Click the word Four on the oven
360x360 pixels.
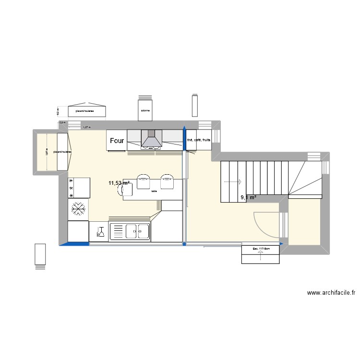(x=117, y=141)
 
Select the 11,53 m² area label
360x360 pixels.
(x=119, y=183)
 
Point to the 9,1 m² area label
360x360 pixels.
(x=248, y=197)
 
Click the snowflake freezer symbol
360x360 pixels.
(x=78, y=209)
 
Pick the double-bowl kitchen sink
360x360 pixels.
(x=130, y=232)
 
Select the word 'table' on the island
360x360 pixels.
(x=154, y=191)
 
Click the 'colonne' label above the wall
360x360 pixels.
(x=145, y=111)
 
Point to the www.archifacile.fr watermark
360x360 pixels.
(x=331, y=293)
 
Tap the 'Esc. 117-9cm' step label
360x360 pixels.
(x=260, y=249)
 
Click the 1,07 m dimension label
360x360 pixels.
(x=86, y=127)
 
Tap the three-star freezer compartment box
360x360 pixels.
(x=79, y=187)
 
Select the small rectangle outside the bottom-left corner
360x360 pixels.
(x=40, y=255)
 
